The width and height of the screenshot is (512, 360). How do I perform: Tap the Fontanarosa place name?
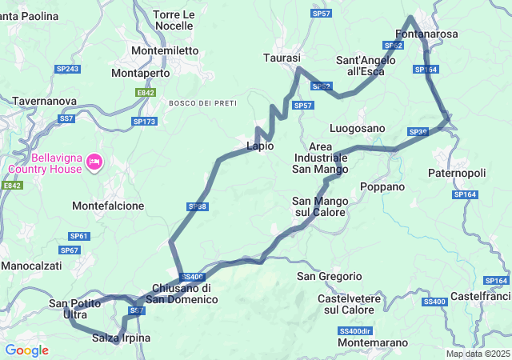point(427,34)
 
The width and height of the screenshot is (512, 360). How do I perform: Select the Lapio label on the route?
point(260,146)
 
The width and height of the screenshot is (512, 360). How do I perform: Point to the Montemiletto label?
point(165,50)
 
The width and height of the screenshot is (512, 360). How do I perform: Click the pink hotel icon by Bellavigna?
point(94,162)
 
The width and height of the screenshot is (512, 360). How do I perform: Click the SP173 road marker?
point(146,121)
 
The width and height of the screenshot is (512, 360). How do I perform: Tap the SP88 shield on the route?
point(198,206)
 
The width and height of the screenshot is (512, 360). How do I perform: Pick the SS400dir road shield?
point(354,330)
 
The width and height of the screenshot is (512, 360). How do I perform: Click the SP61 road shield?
point(78,236)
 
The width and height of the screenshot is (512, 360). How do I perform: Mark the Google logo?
point(26,350)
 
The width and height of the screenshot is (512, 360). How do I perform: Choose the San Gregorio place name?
point(330,276)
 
